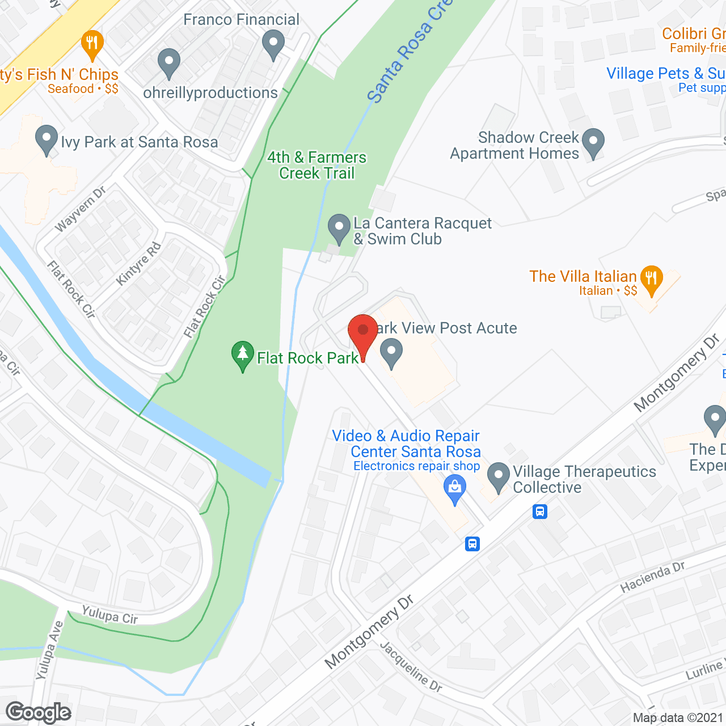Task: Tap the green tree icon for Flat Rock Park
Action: tap(243, 356)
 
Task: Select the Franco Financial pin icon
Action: tap(273, 45)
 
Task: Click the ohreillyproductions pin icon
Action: tap(168, 63)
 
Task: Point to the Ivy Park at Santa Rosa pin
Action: tap(46, 140)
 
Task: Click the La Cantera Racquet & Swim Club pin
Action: tap(339, 229)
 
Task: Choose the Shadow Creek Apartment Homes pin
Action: tap(593, 143)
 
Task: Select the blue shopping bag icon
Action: tap(454, 489)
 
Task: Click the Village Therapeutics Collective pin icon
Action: tap(499, 478)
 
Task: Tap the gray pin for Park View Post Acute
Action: tap(391, 353)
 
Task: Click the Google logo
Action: tap(39, 712)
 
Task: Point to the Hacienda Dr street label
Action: tap(652, 577)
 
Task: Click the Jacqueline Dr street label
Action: tap(411, 666)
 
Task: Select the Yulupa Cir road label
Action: tap(110, 614)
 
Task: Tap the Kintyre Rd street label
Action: tap(139, 264)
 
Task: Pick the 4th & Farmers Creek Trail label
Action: tap(316, 165)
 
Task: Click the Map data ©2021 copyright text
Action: tap(678, 717)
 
